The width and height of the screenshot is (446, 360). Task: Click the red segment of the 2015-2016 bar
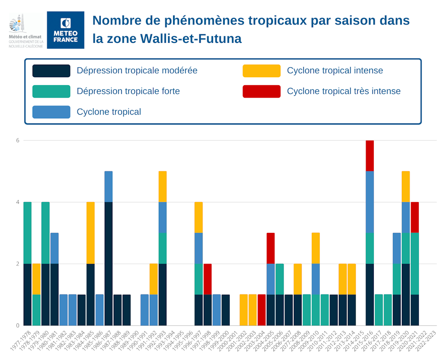pyautogui.click(x=370, y=156)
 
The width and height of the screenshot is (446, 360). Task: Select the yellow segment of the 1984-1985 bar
pyautogui.click(x=91, y=233)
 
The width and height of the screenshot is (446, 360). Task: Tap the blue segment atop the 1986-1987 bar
pyautogui.click(x=108, y=186)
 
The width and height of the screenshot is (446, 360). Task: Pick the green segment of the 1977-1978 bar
pyautogui.click(x=27, y=233)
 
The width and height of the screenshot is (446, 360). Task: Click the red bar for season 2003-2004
pyautogui.click(x=262, y=310)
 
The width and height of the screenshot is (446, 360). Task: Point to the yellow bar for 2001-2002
pyautogui.click(x=244, y=310)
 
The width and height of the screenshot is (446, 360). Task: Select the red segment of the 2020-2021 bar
pyautogui.click(x=415, y=217)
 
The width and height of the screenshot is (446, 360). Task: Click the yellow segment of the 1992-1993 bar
pyautogui.click(x=162, y=186)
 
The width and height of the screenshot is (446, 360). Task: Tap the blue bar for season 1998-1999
pyautogui.click(x=217, y=310)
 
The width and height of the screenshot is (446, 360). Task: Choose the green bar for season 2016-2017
pyautogui.click(x=379, y=310)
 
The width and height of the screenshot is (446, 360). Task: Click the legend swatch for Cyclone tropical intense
pyautogui.click(x=261, y=71)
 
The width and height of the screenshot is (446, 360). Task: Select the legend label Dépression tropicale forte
pyautogui.click(x=128, y=91)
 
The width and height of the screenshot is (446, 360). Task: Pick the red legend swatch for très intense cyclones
pyautogui.click(x=261, y=91)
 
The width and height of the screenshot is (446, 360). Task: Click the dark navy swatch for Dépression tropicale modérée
pyautogui.click(x=51, y=71)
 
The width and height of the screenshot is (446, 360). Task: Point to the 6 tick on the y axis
pyautogui.click(x=18, y=141)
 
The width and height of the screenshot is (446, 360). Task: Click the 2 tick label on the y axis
pyautogui.click(x=18, y=264)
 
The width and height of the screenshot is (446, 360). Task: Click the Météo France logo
pyautogui.click(x=66, y=30)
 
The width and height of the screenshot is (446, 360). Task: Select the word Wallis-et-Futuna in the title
pyautogui.click(x=191, y=39)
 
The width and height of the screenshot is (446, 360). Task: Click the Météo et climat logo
pyautogui.click(x=26, y=30)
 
